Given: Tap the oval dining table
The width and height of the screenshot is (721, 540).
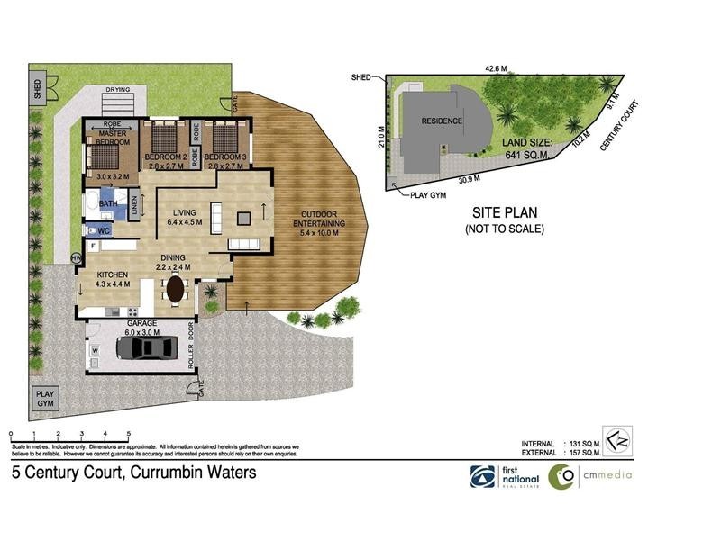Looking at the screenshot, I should (175, 289).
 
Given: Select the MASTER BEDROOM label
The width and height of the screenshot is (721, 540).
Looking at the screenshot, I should (114, 138).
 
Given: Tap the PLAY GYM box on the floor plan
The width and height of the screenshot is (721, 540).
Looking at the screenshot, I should (44, 399).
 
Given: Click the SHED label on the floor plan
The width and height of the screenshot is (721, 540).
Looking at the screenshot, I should (37, 89).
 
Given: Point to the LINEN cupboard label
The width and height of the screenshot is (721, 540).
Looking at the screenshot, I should (135, 205).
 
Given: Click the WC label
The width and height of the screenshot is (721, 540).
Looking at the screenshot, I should (104, 230).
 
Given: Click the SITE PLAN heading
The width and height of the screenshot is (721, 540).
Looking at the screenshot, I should (506, 213).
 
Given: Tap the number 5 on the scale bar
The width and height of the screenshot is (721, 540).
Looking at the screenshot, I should (129, 435).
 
